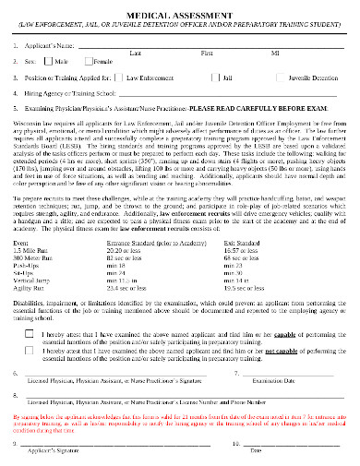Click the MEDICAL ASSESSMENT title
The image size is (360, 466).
[181, 12]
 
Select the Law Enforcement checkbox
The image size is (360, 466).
[121, 80]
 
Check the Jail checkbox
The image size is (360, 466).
[214, 80]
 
